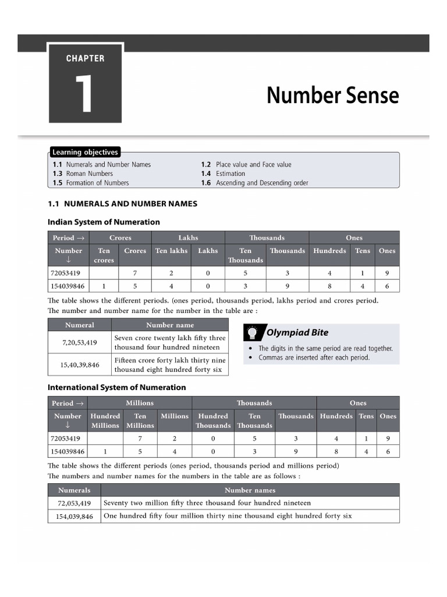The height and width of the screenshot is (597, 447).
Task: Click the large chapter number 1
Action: (84, 93)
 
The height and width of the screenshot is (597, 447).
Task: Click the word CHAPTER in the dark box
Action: (85, 58)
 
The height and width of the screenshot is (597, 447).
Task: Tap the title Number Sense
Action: (332, 96)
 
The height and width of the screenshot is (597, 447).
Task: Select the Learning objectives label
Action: (85, 153)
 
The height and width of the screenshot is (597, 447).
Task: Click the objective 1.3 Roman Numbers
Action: (83, 174)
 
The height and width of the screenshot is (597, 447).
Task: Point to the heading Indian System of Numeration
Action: (104, 222)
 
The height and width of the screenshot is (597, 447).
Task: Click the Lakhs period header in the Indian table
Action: (188, 238)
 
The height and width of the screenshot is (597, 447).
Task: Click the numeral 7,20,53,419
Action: (79, 343)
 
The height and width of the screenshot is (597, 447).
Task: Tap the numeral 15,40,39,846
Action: (79, 365)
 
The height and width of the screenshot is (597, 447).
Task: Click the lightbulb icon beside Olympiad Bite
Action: (253, 332)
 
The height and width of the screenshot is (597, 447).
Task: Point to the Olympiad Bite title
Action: (297, 333)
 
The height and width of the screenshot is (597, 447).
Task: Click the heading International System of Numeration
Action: (117, 387)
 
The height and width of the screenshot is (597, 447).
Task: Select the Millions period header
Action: (140, 403)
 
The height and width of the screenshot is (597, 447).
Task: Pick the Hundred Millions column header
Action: (105, 420)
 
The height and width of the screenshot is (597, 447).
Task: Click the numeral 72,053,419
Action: (74, 503)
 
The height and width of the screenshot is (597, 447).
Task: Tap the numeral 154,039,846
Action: (74, 517)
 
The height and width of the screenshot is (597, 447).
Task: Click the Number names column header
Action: (250, 490)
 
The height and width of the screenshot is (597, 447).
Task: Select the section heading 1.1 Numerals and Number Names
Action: (122, 204)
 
